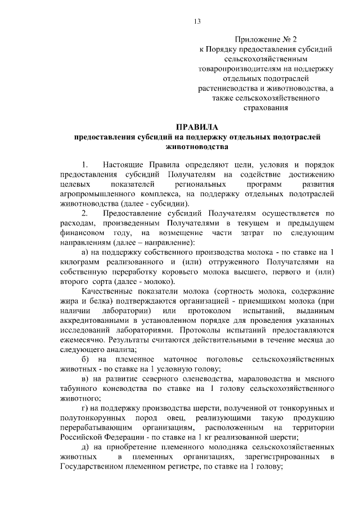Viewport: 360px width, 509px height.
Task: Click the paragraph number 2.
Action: (x=84, y=213)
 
